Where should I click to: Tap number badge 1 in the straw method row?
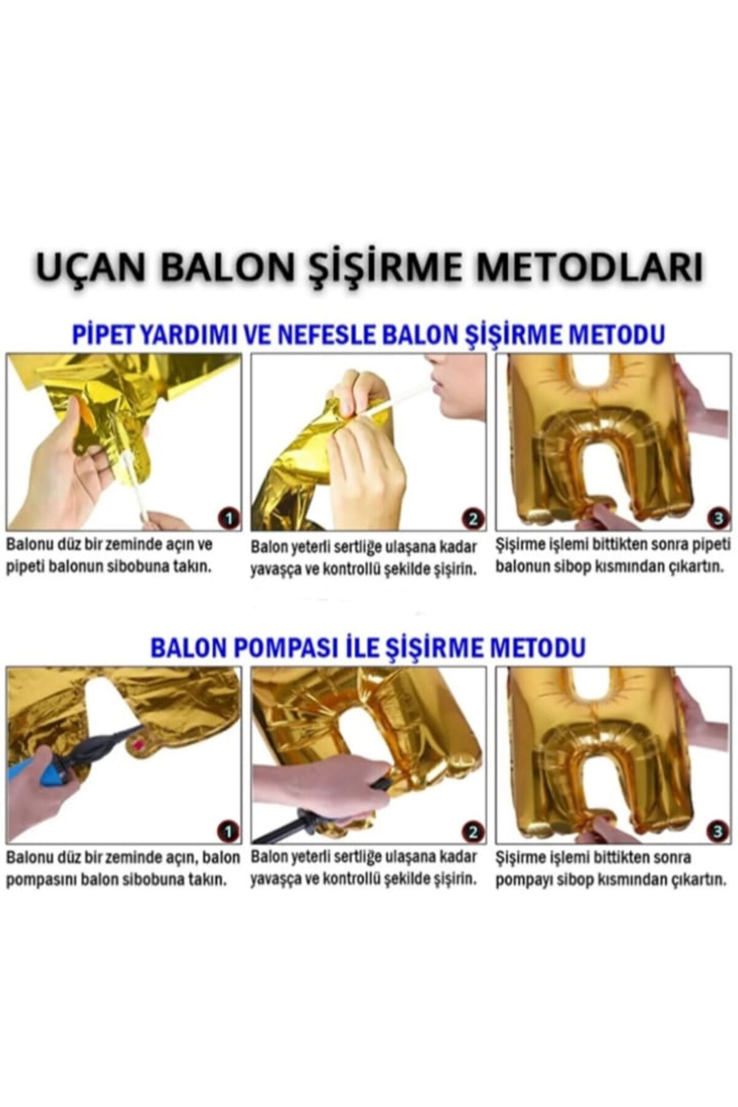[x=229, y=518]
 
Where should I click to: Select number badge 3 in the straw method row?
[x=717, y=518]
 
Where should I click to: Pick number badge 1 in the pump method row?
[x=228, y=832]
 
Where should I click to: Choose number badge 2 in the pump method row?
[x=472, y=833]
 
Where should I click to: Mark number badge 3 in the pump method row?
[x=717, y=832]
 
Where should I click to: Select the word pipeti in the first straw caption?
[x=23, y=566]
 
